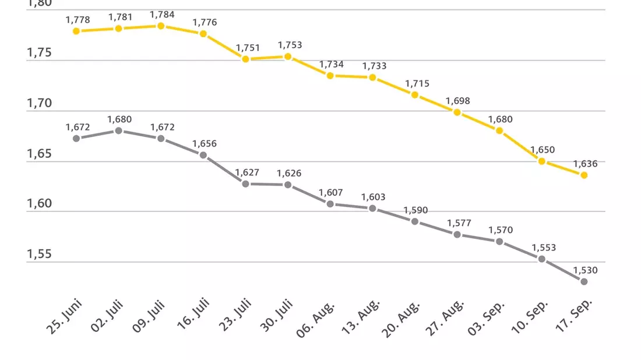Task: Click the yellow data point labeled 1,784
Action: [x=161, y=26]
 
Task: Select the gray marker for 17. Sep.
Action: [x=584, y=281]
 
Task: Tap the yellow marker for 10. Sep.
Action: [x=542, y=161]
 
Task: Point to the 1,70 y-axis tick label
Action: [x=39, y=103]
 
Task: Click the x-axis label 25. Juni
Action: [x=64, y=317]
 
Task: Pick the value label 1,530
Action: [x=585, y=270]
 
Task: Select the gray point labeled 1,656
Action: [x=203, y=156]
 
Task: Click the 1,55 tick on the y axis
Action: [x=39, y=254]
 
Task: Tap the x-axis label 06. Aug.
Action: [x=315, y=320]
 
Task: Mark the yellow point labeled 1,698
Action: [x=457, y=112]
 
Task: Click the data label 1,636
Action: [x=585, y=164]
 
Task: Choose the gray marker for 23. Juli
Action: [x=246, y=184]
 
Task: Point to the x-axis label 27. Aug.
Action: [x=445, y=318]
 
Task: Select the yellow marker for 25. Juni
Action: [x=76, y=31]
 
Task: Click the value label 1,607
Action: [x=331, y=192]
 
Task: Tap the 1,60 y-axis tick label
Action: [x=39, y=203]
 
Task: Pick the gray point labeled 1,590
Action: [x=414, y=221]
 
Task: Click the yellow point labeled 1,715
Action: [x=414, y=95]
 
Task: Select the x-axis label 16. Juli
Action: [x=193, y=314]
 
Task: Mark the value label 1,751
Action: [x=248, y=48]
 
